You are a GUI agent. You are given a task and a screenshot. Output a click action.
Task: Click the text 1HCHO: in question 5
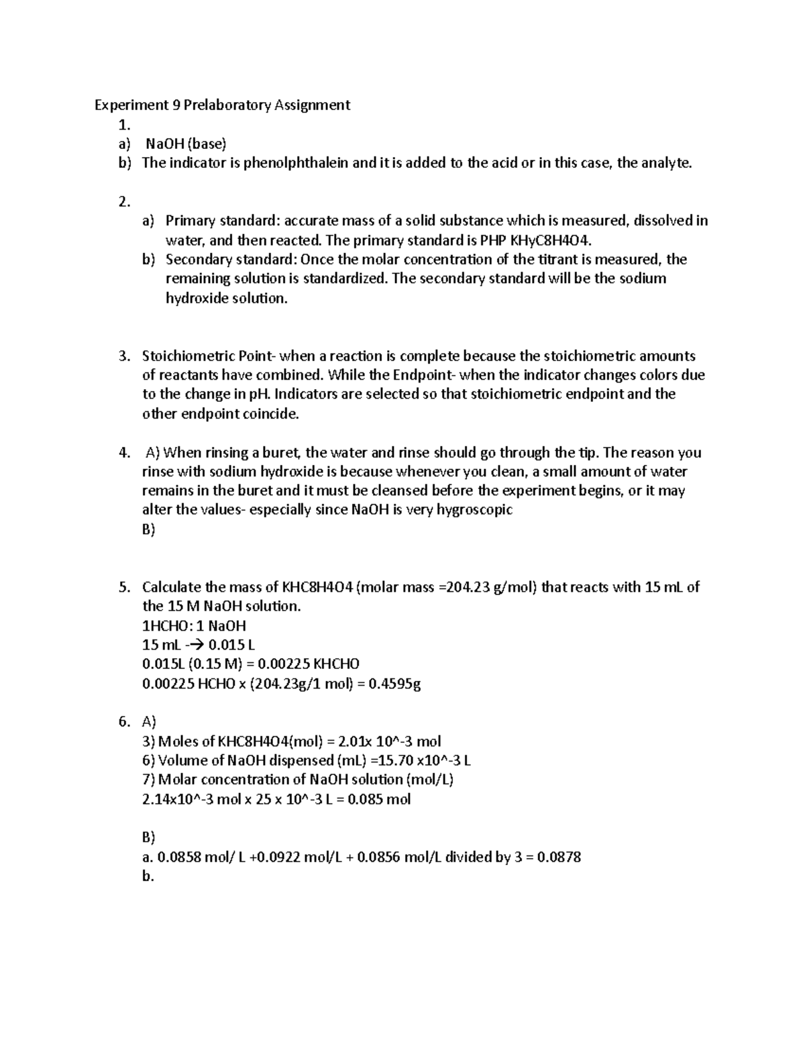coord(166,626)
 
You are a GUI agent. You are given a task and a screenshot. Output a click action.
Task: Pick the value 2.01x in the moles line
coord(356,741)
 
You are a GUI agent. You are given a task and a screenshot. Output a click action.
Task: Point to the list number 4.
coord(123,453)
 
